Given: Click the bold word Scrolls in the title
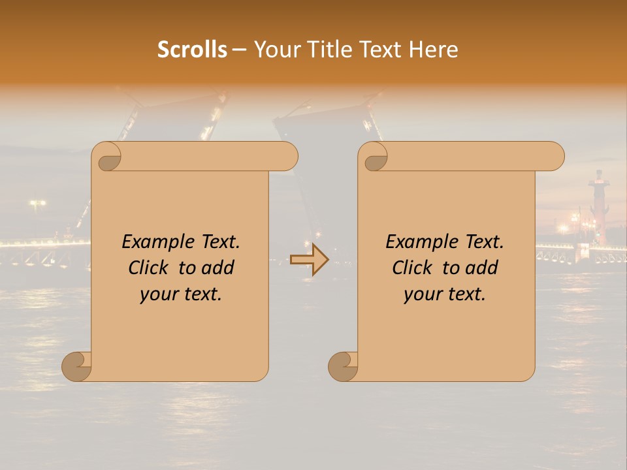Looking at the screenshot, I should (x=193, y=50).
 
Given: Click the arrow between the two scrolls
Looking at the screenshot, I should (x=309, y=259).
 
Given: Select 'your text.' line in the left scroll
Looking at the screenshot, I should (x=181, y=294).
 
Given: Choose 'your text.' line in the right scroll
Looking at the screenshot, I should (x=445, y=294).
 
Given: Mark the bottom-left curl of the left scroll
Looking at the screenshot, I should (x=76, y=366).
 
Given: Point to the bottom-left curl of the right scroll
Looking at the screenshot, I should (x=342, y=366).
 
